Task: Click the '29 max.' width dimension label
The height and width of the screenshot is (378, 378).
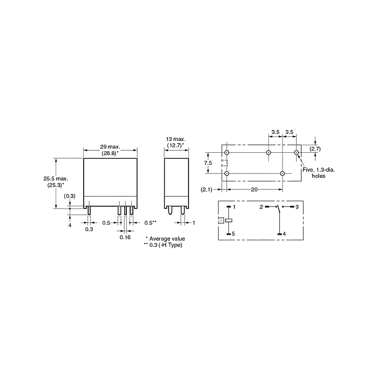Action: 110,146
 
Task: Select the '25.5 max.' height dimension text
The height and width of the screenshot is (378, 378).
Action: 56,179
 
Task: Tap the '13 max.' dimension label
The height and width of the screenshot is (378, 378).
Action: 176,139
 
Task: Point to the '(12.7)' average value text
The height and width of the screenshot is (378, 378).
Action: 174,145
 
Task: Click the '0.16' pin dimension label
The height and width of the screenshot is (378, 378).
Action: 125,238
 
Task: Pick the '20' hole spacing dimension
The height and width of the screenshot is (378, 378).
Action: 254,190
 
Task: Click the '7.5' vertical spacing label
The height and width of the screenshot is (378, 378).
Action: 208,163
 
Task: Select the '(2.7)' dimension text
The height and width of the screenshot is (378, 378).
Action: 315,149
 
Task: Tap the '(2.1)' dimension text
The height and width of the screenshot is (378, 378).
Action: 206,190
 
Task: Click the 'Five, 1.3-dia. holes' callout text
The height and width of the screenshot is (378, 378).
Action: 319,173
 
